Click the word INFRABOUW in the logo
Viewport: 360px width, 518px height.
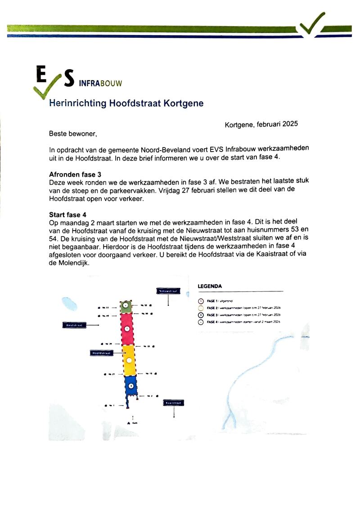click(x=100, y=83)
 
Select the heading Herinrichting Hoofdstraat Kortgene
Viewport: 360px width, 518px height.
click(x=126, y=103)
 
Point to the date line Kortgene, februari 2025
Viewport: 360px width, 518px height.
click(x=261, y=125)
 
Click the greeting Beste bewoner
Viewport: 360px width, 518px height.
click(x=72, y=134)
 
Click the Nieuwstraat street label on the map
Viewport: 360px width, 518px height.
click(x=168, y=290)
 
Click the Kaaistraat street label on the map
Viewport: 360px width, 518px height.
click(x=174, y=403)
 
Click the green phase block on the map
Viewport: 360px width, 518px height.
click(x=127, y=306)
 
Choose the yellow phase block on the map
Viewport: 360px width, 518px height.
click(x=129, y=360)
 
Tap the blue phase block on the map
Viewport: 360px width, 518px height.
click(x=130, y=385)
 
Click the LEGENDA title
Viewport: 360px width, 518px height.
click(x=210, y=286)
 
